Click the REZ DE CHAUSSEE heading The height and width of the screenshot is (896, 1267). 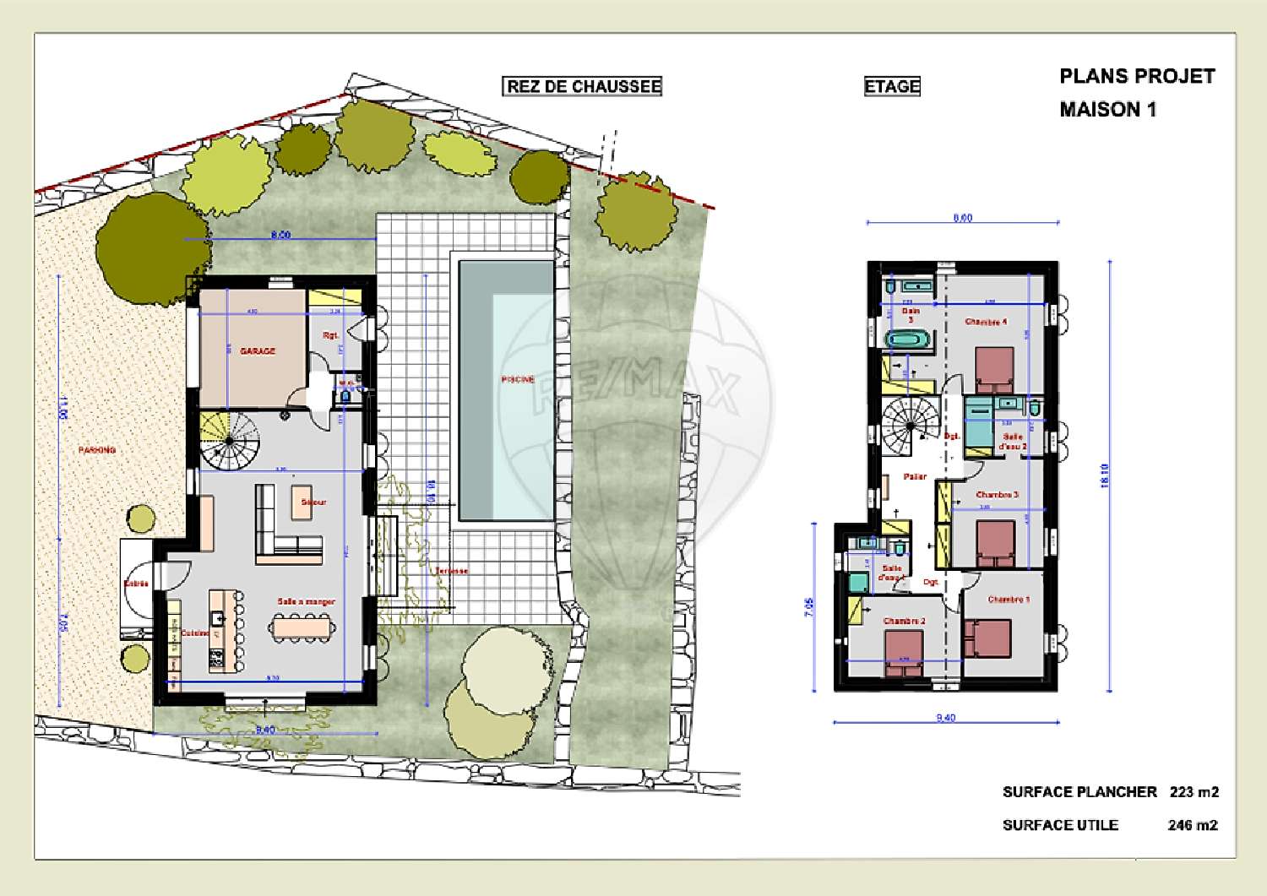[x=583, y=86]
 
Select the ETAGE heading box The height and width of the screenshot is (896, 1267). [x=892, y=86]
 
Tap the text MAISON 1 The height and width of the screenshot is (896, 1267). [x=1107, y=110]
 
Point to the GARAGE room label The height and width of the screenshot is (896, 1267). [x=258, y=350]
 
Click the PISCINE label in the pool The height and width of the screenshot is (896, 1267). [x=517, y=379]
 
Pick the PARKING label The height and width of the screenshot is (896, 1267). [x=97, y=450]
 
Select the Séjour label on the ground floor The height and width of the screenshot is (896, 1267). [x=313, y=502]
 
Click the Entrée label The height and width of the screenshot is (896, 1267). [x=136, y=584]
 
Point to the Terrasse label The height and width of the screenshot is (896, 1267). [x=451, y=571]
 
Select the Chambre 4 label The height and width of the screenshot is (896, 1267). [x=986, y=322]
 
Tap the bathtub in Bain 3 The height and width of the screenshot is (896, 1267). [x=909, y=339]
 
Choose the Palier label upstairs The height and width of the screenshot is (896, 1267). [x=915, y=476]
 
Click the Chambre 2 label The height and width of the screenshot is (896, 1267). [x=904, y=621]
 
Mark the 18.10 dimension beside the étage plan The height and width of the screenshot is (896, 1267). [x=1106, y=475]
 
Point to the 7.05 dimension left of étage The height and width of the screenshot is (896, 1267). [x=810, y=607]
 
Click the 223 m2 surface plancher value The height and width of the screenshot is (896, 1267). [x=1194, y=792]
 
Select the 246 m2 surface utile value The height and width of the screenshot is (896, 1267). [x=1193, y=825]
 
